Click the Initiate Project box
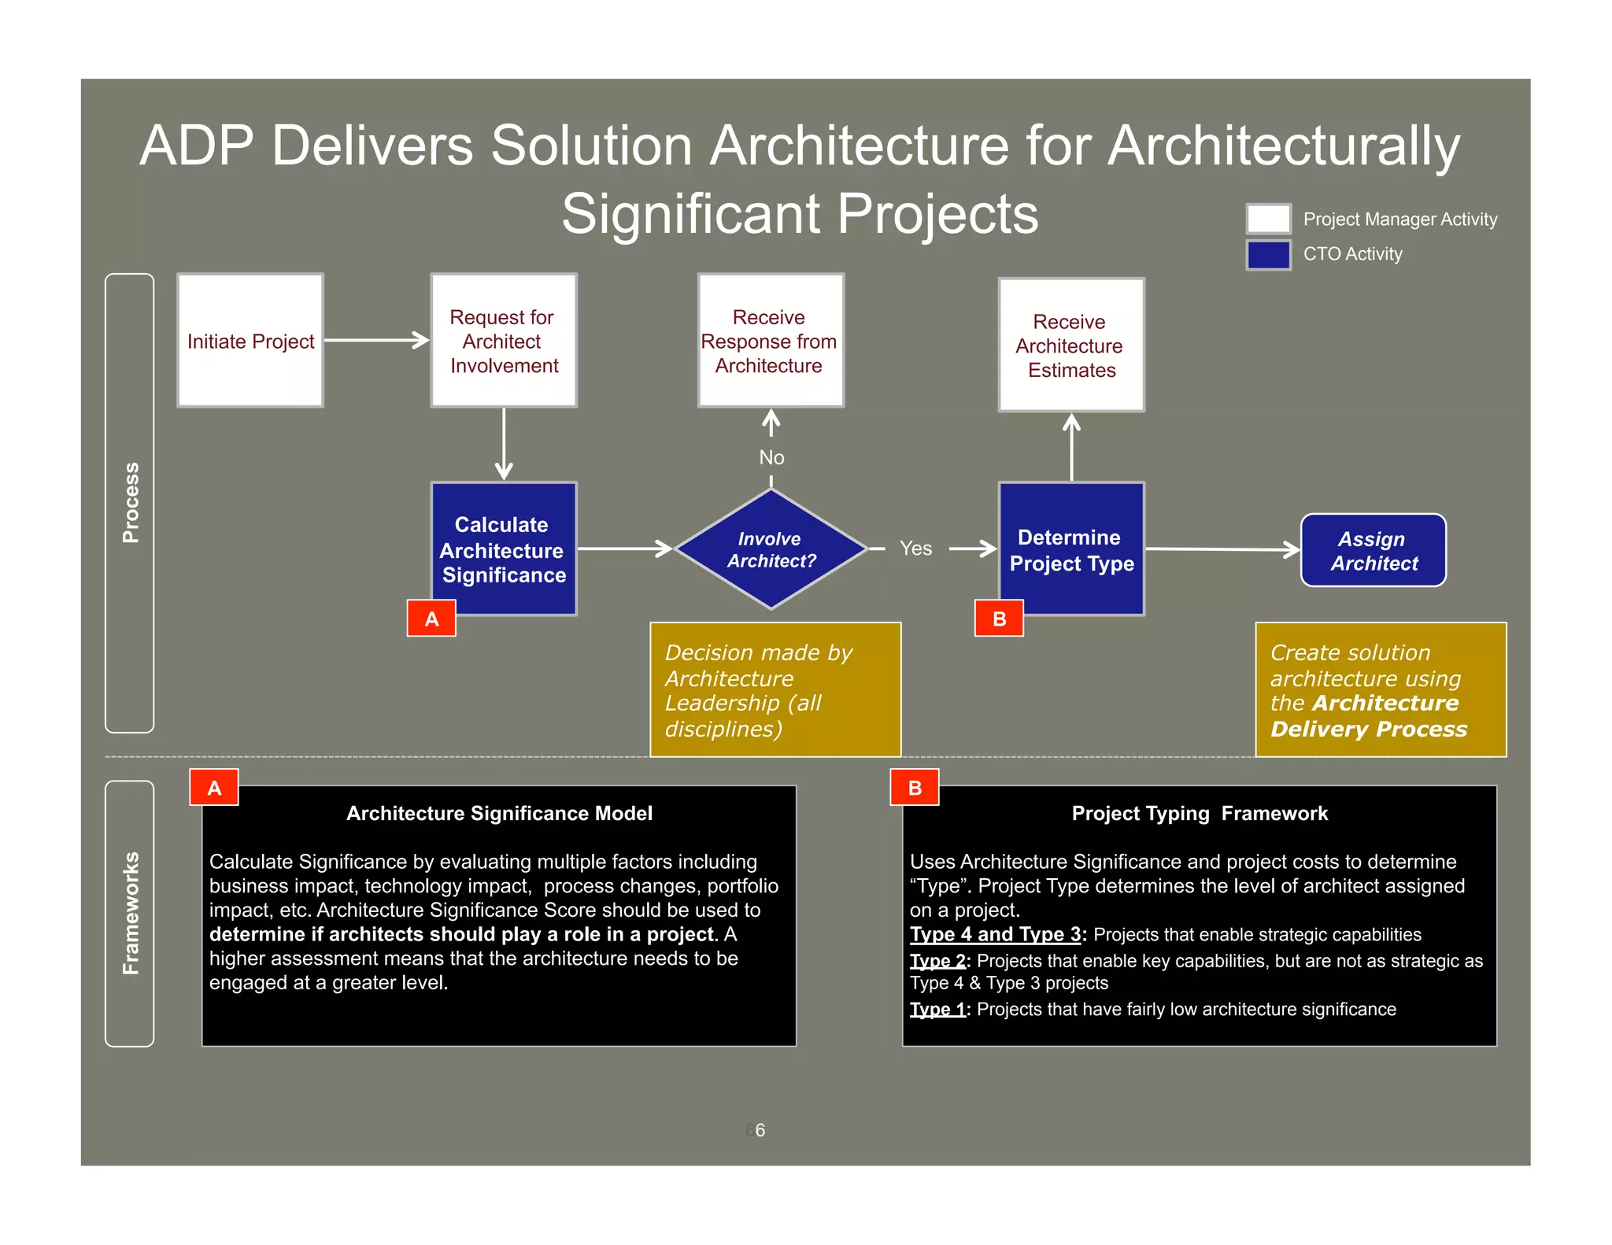click(x=250, y=341)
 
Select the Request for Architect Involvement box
click(x=504, y=341)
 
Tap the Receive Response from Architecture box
click(x=771, y=341)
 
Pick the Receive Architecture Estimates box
click(x=1071, y=345)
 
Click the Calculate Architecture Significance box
click(x=504, y=549)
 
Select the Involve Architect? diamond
click(x=771, y=549)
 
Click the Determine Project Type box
click(x=1071, y=549)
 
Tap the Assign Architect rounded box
click(x=1374, y=550)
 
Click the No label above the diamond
click(x=771, y=457)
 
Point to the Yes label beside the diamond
click(x=915, y=549)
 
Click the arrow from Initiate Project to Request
click(x=376, y=340)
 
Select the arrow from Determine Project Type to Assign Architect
click(x=1222, y=549)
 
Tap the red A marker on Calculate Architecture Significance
click(x=431, y=619)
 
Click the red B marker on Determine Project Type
click(x=999, y=619)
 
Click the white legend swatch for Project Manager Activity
click(x=1268, y=219)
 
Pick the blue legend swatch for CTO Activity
click(x=1268, y=254)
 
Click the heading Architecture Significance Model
click(x=499, y=813)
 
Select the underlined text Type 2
click(x=937, y=961)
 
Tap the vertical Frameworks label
click(x=131, y=913)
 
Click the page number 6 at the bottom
click(x=760, y=1130)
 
